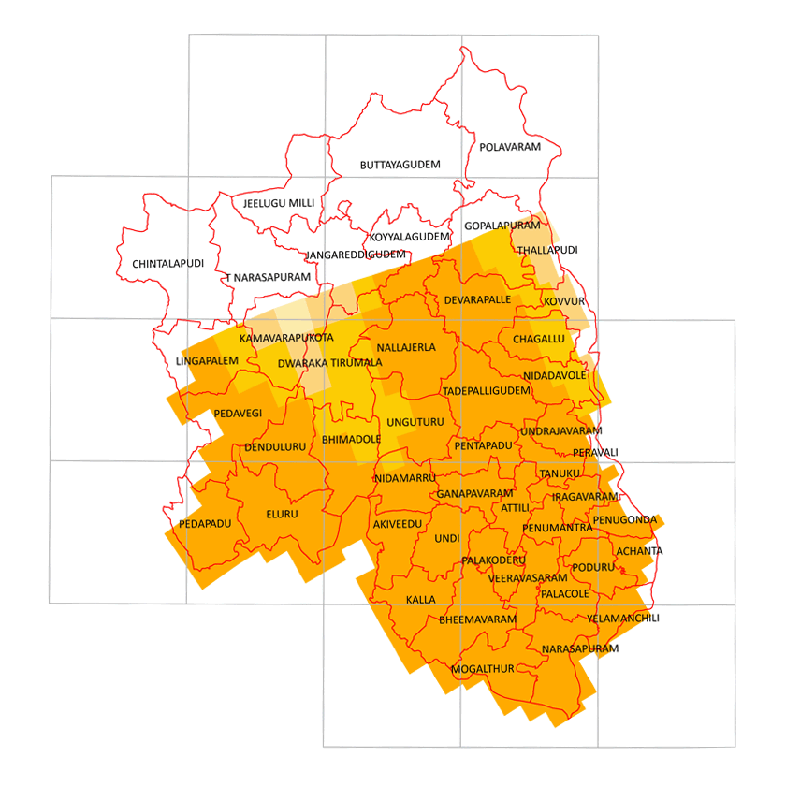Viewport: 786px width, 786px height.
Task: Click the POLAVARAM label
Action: click(510, 148)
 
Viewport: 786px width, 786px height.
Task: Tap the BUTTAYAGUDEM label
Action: click(400, 165)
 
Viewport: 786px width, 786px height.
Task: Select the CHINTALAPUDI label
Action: click(168, 264)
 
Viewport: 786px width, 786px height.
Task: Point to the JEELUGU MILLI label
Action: click(279, 202)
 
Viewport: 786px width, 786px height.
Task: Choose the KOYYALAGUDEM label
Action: click(410, 237)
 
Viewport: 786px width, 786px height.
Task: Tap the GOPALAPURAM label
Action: click(502, 226)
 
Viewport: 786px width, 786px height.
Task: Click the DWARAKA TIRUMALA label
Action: click(330, 362)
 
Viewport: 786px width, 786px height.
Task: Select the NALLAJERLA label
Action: click(405, 347)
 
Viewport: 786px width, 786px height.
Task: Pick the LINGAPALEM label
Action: click(207, 360)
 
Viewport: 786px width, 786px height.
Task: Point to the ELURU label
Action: click(281, 515)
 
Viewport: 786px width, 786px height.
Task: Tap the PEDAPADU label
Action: click(205, 524)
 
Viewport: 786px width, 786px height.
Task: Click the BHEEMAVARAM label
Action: click(477, 619)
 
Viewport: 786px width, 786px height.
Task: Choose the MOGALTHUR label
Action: click(483, 669)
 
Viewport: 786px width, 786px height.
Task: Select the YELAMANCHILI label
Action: click(623, 619)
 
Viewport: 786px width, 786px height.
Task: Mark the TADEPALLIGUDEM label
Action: click(487, 390)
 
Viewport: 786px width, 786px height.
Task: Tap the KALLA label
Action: click(421, 599)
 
